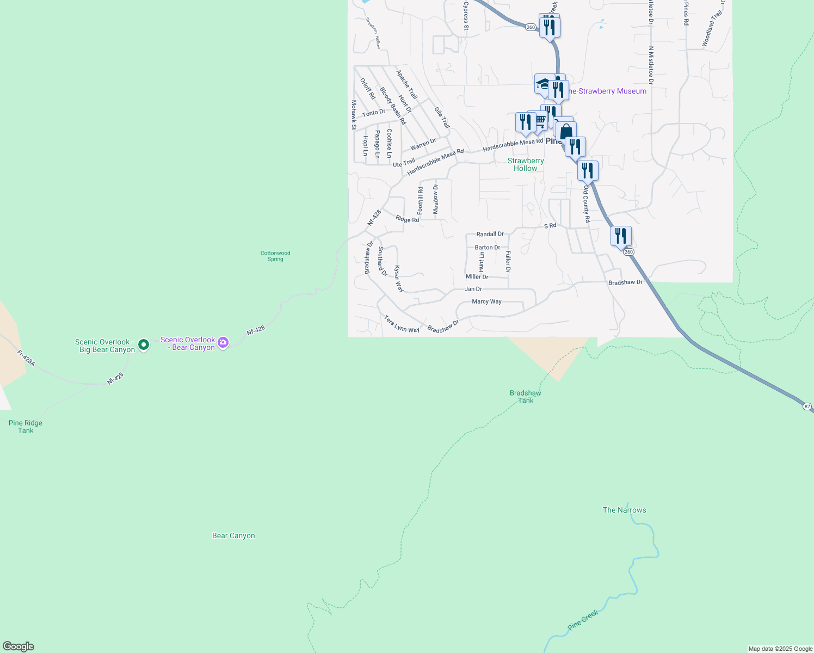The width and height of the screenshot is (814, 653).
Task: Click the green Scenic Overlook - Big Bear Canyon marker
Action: click(144, 344)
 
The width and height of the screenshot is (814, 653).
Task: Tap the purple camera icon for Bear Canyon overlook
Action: click(223, 343)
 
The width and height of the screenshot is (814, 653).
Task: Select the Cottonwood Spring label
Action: click(275, 256)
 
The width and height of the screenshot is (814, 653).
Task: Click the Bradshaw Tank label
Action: click(526, 397)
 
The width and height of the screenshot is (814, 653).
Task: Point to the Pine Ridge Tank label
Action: click(26, 427)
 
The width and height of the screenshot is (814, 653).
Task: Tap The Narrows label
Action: click(624, 510)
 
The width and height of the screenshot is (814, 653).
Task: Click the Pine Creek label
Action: click(583, 620)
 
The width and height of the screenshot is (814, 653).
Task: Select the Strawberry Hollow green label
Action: click(526, 164)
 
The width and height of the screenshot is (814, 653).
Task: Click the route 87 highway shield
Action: click(807, 406)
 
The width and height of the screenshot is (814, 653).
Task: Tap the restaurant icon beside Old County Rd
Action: click(588, 171)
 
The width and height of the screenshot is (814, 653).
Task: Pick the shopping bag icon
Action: click(566, 132)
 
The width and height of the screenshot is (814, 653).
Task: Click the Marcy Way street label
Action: click(487, 301)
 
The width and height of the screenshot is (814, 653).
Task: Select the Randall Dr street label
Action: click(490, 234)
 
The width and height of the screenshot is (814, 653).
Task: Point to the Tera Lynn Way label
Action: click(402, 324)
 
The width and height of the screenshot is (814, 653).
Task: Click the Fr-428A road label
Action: click(26, 358)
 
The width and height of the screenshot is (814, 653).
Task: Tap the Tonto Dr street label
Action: click(374, 113)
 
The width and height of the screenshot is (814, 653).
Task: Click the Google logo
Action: click(18, 646)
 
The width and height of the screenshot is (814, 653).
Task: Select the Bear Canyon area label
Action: click(233, 535)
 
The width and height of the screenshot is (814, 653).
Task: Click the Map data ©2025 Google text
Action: click(780, 649)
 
